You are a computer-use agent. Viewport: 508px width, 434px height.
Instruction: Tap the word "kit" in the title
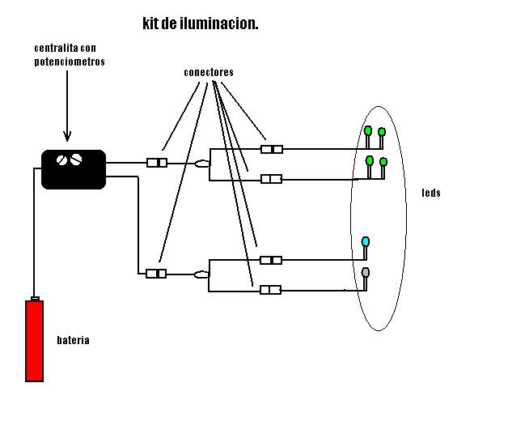point(151,24)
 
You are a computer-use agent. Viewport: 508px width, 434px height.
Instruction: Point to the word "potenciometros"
point(70,62)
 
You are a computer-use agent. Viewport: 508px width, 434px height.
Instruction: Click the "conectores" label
point(208,73)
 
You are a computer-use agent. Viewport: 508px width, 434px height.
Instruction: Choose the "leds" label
point(430,194)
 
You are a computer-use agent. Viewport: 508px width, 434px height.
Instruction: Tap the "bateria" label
point(73,340)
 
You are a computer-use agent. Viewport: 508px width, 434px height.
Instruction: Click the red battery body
point(34,341)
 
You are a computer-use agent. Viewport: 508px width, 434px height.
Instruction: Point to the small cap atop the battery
point(35,299)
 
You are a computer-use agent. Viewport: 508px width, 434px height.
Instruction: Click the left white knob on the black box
point(61,160)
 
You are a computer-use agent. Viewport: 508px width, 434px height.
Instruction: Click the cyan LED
point(366,242)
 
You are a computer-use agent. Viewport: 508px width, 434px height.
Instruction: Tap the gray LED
point(366,272)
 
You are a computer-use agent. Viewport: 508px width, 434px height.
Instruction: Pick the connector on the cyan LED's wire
point(271,260)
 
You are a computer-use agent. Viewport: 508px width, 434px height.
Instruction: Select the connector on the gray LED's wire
point(270,290)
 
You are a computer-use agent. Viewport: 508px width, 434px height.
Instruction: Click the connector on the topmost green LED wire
point(273,149)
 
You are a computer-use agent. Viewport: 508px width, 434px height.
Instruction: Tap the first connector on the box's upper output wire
point(157,163)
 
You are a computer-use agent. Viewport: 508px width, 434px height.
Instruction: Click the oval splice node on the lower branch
point(202,274)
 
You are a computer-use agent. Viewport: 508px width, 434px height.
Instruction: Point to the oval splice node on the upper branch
point(202,164)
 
